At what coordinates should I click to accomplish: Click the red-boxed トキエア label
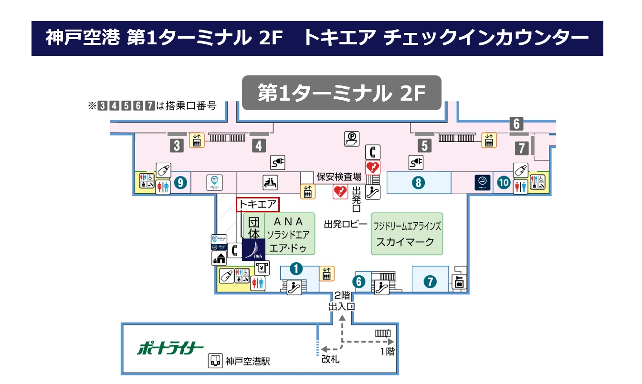click(258, 205)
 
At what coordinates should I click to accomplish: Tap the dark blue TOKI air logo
click(254, 249)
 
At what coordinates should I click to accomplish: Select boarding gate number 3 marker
click(177, 145)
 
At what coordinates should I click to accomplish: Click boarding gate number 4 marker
click(259, 145)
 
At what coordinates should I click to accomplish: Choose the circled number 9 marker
click(181, 183)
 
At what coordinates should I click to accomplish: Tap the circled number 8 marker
click(418, 182)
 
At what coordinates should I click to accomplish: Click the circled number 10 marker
click(504, 183)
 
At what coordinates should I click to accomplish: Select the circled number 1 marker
click(296, 270)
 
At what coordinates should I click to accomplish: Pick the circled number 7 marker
click(430, 282)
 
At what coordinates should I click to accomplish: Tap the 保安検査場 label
click(339, 176)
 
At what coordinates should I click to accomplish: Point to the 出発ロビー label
click(345, 224)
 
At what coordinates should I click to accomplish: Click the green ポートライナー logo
click(170, 348)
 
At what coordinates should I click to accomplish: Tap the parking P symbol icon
click(352, 139)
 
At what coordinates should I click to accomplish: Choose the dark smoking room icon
click(483, 183)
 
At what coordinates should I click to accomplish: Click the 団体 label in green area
click(255, 228)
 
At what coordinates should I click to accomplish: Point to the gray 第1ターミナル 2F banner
click(341, 93)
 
